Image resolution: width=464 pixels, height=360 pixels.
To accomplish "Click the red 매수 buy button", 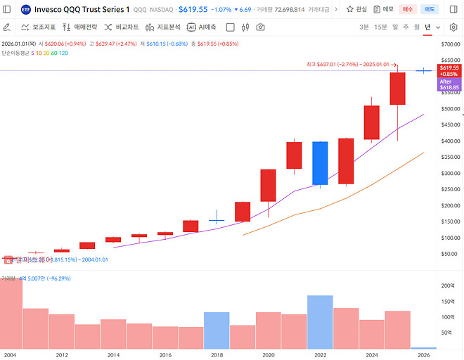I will coord(408,9).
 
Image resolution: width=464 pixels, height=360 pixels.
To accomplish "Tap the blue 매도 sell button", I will coord(430,9).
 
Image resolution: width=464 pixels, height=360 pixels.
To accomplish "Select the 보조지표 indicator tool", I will coord(39,27).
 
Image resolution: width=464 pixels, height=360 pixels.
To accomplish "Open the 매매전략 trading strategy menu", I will coord(81,27).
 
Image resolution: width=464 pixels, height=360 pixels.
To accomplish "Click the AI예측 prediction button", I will coord(202,27).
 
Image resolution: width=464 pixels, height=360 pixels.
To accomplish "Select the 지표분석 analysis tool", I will coord(163,27).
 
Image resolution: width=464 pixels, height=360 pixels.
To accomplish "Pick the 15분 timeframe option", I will coord(380,27).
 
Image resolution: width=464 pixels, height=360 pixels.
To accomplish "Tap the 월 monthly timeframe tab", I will coord(417,27).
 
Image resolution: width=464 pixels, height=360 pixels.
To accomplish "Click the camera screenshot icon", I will coord(261,27).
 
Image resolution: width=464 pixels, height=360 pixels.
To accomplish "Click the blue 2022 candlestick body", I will coord(320,163).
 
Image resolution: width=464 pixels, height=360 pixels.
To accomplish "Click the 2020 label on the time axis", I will coord(268,355).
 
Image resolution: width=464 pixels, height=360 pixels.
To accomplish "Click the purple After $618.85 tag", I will coord(449,84).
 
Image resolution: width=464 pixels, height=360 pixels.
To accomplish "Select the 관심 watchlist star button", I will coord(356,9).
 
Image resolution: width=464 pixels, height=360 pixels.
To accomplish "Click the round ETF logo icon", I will coord(26,9).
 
